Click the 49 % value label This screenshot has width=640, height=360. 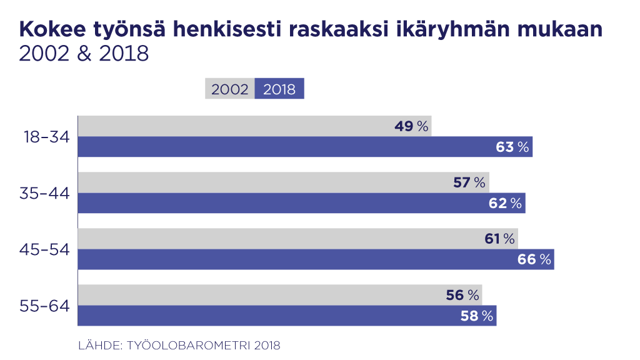click(411, 126)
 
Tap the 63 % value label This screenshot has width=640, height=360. click(512, 147)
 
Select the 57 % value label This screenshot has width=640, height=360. click(469, 182)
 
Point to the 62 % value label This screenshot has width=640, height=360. click(505, 203)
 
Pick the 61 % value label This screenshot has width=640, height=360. click(499, 239)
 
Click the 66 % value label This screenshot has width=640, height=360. click(534, 259)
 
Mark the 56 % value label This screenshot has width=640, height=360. click(462, 295)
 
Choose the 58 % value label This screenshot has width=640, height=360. click(477, 316)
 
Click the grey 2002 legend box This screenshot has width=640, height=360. click(230, 89)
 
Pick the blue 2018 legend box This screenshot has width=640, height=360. click(279, 89)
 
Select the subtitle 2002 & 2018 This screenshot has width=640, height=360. click(84, 54)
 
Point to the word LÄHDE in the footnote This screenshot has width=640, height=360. click(99, 344)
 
